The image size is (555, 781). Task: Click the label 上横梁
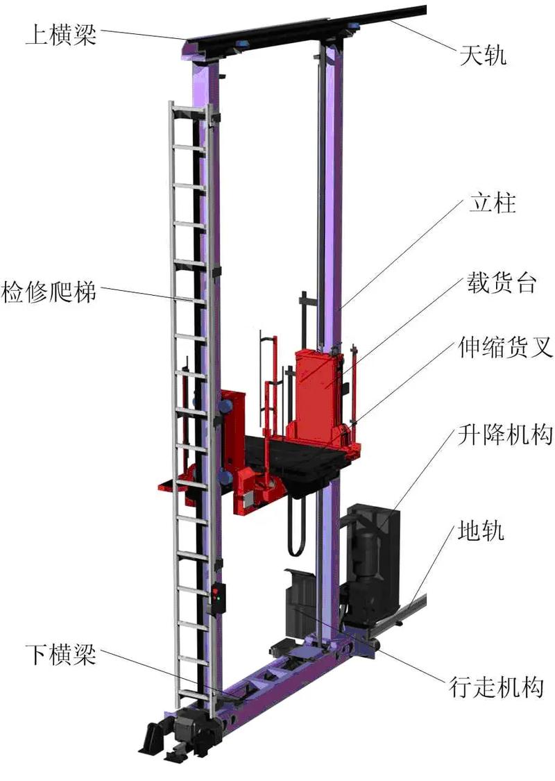(x=61, y=35)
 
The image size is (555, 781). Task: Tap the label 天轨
(x=482, y=55)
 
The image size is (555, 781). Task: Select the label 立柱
(x=493, y=203)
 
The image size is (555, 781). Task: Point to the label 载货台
(x=502, y=283)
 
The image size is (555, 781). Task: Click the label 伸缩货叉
(x=506, y=346)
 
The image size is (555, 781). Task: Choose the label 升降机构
(x=505, y=435)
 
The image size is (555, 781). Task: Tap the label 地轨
(x=481, y=531)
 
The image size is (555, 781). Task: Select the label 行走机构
(x=496, y=687)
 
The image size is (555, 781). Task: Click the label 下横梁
(x=61, y=655)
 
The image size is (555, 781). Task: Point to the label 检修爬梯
(x=49, y=292)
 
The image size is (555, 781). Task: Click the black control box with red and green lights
(x=217, y=598)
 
